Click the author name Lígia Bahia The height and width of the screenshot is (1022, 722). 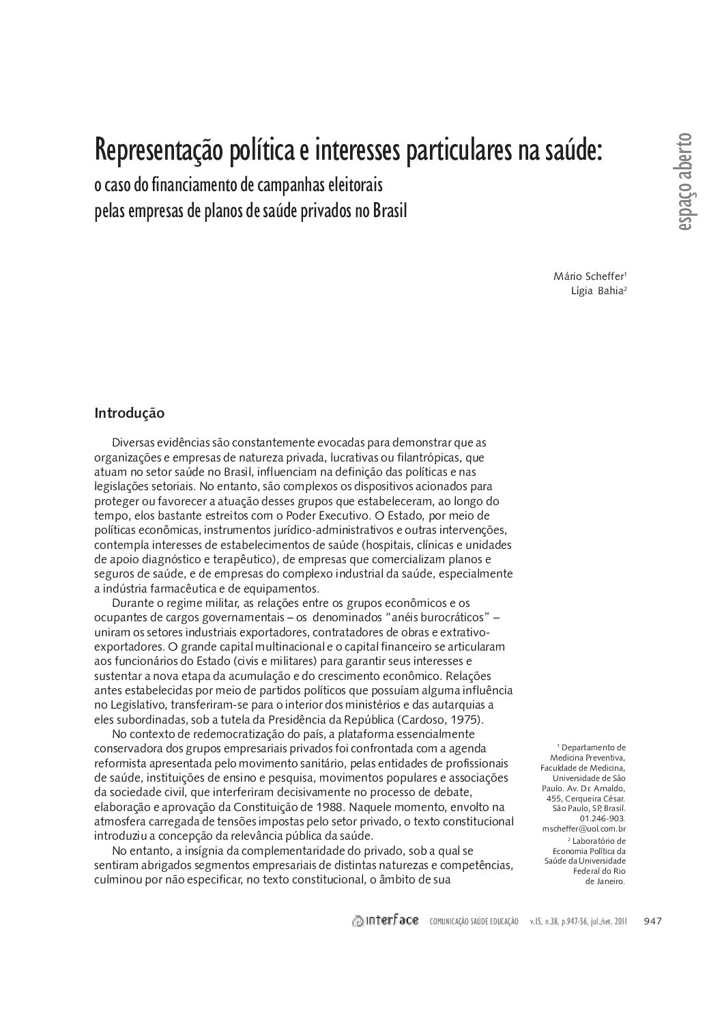click(598, 290)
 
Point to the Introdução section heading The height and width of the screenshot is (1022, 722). click(129, 413)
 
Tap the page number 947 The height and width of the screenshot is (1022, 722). click(653, 921)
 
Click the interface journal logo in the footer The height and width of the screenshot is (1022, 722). click(385, 921)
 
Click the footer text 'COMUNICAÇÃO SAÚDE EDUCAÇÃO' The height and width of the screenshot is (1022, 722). click(474, 922)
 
